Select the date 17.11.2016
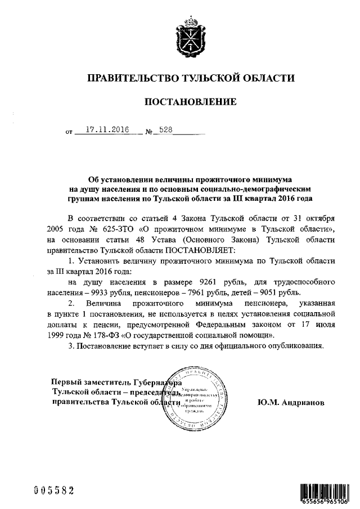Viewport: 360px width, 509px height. [x=103, y=129]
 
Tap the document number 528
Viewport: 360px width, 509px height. [x=166, y=129]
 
